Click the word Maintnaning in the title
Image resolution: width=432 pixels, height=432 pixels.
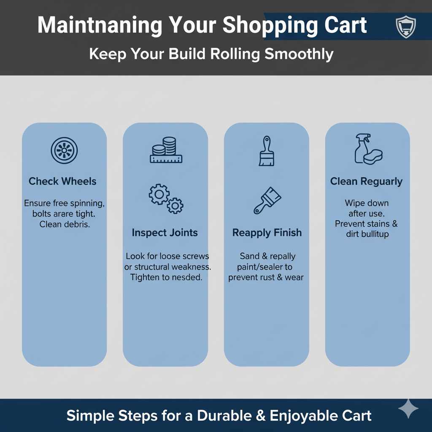tap(100, 25)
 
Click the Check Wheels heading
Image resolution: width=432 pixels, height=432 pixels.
tap(62, 181)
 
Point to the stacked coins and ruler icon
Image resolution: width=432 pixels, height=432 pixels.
tap(165, 150)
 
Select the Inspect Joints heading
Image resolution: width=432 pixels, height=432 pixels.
tap(165, 232)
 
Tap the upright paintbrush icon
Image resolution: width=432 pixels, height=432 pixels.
tap(266, 151)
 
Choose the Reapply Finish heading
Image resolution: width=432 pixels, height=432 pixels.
tap(267, 232)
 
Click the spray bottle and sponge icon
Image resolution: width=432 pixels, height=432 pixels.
tap(368, 149)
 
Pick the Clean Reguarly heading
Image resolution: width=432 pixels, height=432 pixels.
tap(366, 181)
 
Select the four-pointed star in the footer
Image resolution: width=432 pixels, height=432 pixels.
tap(408, 409)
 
